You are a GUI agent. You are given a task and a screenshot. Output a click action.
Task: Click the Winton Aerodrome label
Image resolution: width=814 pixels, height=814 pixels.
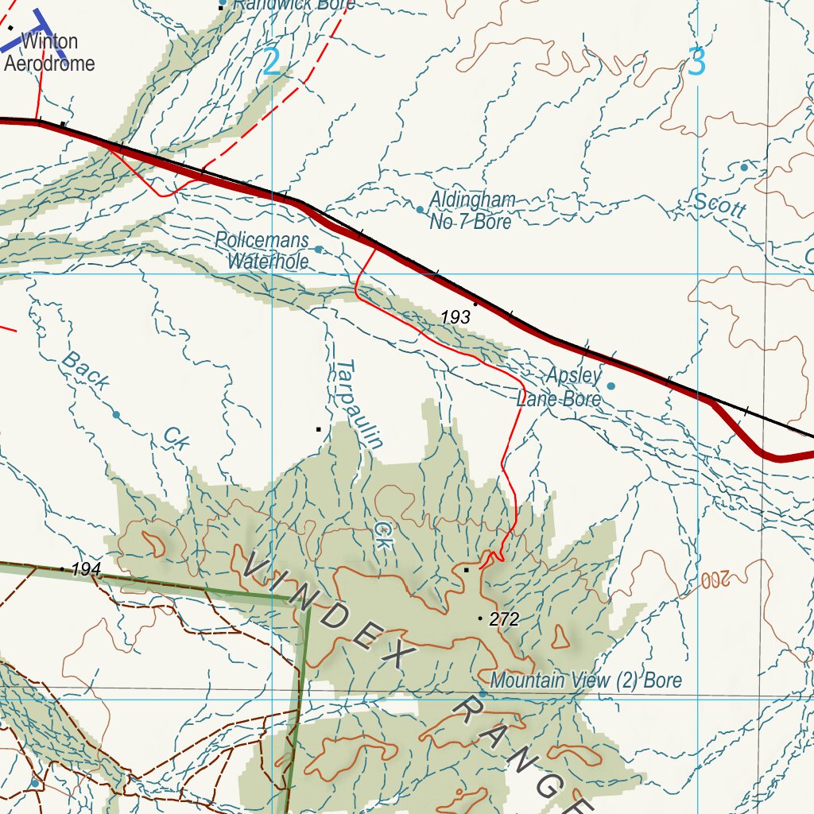coord(49,52)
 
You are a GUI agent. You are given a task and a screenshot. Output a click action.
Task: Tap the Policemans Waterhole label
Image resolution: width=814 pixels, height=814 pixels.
coord(262,250)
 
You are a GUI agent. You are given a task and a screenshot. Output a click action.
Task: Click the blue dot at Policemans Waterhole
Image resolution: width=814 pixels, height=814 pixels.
coord(319,250)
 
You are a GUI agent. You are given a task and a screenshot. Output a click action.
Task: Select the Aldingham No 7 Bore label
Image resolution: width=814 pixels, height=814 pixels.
coord(471,211)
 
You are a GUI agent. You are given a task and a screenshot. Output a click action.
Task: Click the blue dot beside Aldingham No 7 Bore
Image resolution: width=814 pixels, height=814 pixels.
coord(421,210)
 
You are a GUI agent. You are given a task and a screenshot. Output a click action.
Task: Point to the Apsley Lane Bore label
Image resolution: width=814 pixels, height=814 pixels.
coord(560,387)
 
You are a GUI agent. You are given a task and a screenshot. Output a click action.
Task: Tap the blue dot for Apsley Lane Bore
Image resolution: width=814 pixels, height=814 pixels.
coord(611,386)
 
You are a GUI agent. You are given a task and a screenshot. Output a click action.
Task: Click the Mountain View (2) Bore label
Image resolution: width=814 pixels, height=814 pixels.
coord(586,680)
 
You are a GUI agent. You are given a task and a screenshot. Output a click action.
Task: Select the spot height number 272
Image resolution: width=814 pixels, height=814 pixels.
coord(504,619)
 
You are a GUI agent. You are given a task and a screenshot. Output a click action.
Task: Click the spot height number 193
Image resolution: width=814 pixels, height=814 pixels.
coord(455,317)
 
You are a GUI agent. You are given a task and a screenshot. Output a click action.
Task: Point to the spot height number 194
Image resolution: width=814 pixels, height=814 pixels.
coord(86,569)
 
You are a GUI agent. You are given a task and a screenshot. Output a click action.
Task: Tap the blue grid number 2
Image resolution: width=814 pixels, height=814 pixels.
coord(271,63)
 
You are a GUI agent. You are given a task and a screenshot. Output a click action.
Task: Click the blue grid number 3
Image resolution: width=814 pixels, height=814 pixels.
coord(696,63)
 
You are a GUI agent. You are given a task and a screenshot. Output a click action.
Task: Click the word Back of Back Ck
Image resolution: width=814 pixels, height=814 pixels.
coord(85,370)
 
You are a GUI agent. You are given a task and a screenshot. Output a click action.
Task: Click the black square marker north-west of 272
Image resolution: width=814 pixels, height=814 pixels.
coord(467,570)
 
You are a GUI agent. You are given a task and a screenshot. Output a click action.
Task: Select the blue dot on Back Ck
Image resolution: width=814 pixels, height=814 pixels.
coord(116,415)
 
